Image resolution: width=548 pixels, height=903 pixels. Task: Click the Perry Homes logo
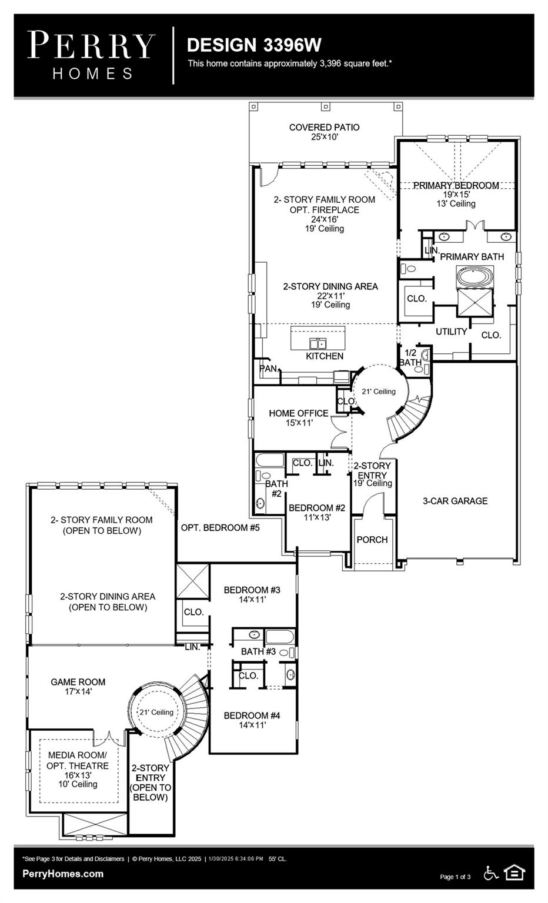coord(91,56)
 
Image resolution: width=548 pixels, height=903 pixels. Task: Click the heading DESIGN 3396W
coord(254,45)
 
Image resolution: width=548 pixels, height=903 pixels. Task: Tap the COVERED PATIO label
coord(324,128)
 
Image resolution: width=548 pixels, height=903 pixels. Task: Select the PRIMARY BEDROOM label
coord(456,185)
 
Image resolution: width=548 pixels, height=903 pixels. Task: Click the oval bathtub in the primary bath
coord(475,277)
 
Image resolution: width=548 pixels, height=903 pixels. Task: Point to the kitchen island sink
coord(318,343)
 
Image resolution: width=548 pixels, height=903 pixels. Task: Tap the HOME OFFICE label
coord(298,413)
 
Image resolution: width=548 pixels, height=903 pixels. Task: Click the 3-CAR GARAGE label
coord(455,501)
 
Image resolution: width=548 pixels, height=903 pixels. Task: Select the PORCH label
coord(372,539)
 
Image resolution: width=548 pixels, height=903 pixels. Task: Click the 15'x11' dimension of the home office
coord(299,423)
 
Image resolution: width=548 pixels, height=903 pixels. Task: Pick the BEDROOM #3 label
coord(252,590)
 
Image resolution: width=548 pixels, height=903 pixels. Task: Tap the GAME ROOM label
coord(78,682)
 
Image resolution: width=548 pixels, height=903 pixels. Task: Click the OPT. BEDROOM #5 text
coord(220,527)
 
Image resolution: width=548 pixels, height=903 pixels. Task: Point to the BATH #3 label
coord(258,651)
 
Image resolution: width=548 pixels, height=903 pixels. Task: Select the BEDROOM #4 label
coord(252,715)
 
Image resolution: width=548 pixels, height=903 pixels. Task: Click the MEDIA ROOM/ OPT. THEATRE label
coord(78,760)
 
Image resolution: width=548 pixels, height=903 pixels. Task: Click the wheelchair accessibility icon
coord(491,873)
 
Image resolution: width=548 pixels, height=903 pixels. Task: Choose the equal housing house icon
coord(514,873)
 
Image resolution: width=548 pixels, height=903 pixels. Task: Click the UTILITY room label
coord(451,332)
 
